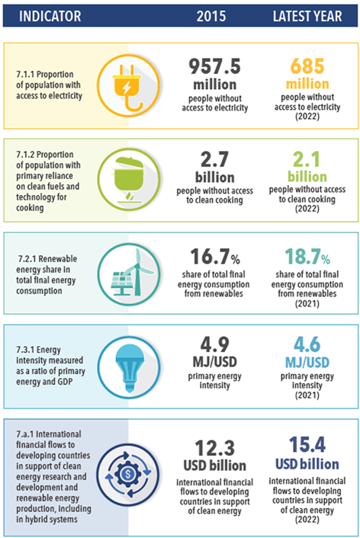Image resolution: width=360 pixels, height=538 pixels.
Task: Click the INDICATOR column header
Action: point(50,16)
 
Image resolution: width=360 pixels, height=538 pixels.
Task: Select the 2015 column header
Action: point(211,16)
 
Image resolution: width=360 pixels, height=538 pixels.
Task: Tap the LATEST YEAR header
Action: point(307,16)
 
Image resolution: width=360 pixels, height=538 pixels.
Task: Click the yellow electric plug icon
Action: point(128,85)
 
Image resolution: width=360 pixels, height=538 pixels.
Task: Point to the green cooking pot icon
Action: point(128,179)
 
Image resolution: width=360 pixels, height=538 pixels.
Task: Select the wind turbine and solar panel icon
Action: point(128,274)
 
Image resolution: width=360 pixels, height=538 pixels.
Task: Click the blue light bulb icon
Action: point(128,367)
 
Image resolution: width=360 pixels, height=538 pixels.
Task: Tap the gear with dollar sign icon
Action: point(128,475)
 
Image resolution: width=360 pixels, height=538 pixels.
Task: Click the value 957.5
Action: point(214,66)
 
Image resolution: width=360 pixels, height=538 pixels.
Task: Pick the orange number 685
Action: point(307,66)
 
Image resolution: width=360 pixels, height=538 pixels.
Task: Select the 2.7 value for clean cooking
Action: point(214,159)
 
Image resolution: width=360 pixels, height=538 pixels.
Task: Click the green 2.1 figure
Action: point(307,159)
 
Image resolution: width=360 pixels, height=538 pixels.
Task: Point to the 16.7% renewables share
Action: point(215,257)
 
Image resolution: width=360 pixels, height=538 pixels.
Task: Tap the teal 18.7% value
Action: point(307,257)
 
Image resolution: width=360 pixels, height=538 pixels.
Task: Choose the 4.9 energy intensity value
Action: point(214,344)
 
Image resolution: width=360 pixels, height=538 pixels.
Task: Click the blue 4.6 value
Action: point(307,344)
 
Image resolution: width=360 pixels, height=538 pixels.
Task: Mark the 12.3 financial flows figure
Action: point(214,448)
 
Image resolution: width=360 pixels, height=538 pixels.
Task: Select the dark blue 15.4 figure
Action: point(307,445)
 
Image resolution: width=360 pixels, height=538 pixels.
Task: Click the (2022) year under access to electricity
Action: point(307,117)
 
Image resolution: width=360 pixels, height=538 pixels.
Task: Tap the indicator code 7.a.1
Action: point(24,434)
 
